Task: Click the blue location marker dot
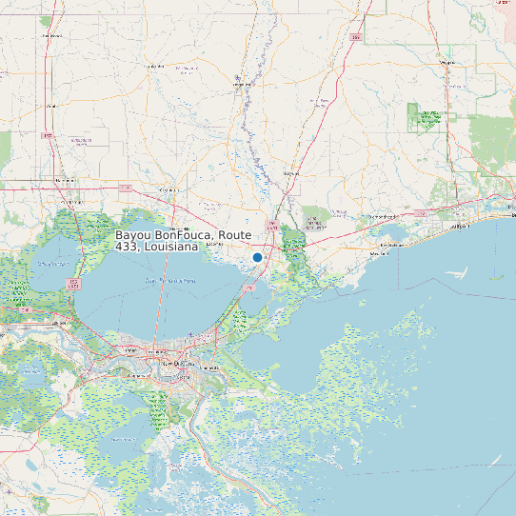[257, 257]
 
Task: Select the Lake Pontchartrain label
[171, 282]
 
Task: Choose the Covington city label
[171, 190]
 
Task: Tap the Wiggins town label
[447, 63]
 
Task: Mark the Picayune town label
[291, 174]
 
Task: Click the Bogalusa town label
[242, 85]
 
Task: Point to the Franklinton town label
[155, 67]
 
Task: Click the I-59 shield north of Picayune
[354, 38]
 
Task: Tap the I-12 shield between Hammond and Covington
[126, 187]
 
